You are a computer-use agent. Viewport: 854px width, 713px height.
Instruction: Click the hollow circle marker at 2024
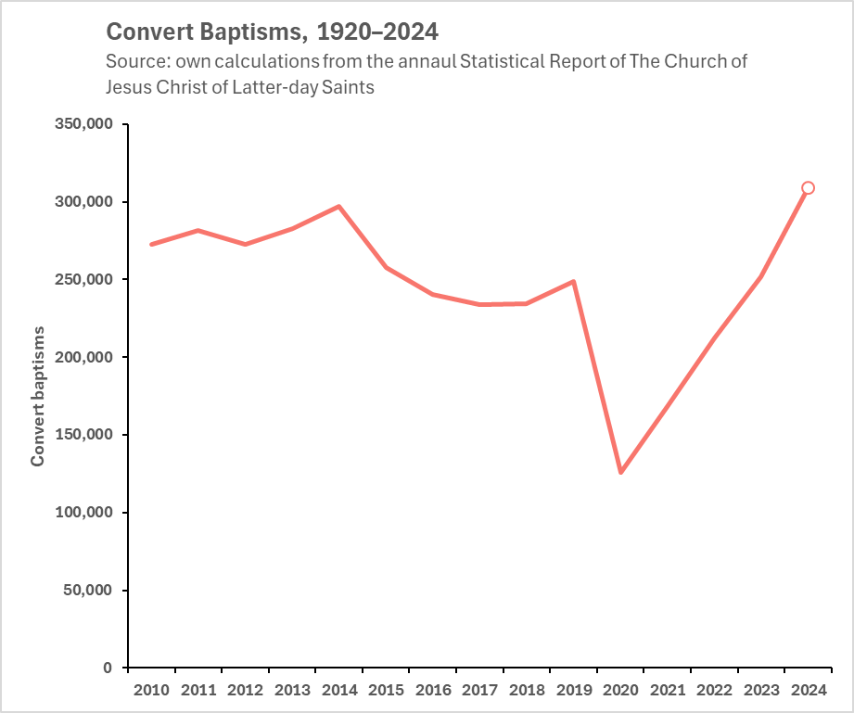808,188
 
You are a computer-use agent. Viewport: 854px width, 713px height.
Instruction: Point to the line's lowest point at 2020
620,472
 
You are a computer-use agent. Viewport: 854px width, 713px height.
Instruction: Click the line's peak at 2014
339,206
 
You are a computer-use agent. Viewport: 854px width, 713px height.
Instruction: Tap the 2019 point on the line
574,281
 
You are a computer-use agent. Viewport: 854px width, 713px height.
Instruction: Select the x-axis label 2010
151,690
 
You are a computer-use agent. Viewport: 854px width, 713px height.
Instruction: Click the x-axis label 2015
386,690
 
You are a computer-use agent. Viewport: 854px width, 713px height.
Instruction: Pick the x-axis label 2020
620,690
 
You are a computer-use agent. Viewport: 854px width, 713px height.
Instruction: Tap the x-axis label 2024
808,690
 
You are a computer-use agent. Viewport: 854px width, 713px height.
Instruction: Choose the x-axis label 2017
479,690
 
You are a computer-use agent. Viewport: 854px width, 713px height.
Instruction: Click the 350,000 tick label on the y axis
83,124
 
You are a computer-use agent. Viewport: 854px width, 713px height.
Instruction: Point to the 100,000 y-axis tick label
83,513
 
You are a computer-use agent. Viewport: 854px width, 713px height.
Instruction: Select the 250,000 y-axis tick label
83,280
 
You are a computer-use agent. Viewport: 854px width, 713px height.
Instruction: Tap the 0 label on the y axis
108,668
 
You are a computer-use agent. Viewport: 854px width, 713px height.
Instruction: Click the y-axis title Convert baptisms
38,396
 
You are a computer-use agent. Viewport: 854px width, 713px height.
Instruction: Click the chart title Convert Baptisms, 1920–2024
273,32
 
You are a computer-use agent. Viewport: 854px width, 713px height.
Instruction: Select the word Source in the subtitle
135,62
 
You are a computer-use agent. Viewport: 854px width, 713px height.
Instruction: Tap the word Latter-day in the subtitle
276,87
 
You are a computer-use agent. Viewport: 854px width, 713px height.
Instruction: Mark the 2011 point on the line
198,230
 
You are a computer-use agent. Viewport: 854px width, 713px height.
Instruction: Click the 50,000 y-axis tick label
88,591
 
